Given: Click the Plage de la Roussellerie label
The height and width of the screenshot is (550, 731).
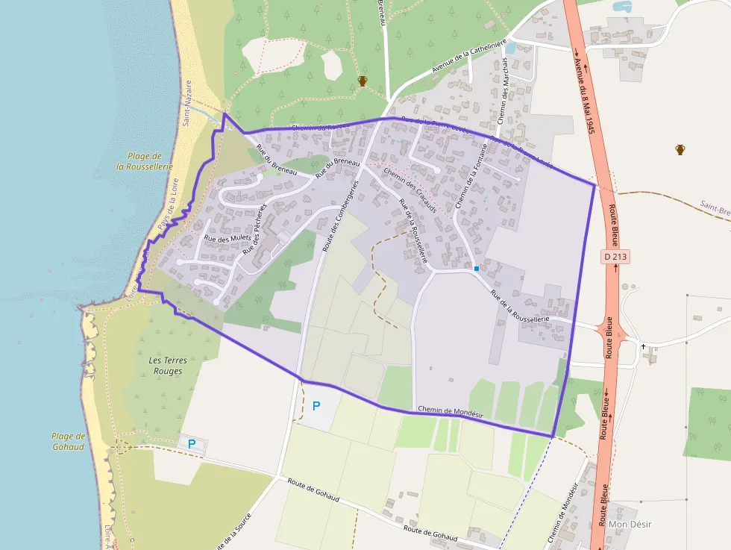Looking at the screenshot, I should pos(145,161).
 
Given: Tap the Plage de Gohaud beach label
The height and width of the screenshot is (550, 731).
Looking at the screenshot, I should pos(69,441).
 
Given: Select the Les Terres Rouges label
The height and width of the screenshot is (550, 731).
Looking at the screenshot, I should pos(168,366).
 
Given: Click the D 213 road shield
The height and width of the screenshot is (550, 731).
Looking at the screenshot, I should pos(612,256).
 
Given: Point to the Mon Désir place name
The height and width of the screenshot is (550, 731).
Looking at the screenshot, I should pos(630,524).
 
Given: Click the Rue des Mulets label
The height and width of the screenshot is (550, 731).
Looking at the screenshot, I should pos(228,239).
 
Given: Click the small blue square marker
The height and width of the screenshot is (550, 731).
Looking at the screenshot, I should pos(477,268).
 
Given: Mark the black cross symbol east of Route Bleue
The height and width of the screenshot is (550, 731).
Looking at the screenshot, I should pos(643,346).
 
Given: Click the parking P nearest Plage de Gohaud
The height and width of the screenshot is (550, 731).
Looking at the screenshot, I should pos(192,444).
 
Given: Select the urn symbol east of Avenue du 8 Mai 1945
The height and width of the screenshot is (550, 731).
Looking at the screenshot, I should pos(680,149).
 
